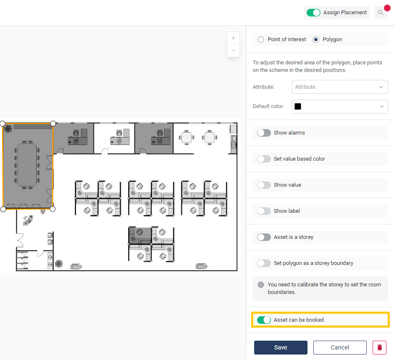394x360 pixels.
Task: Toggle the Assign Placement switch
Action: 313,13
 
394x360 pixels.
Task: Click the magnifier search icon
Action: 381,13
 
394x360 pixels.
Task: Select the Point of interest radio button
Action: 261,40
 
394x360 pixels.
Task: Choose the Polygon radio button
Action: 316,40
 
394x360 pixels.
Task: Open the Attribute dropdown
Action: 340,87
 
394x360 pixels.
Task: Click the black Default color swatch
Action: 298,106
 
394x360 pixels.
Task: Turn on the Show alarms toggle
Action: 264,133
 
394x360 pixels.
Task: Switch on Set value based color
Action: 264,159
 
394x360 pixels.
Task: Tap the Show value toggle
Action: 264,185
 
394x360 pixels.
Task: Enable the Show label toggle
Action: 264,211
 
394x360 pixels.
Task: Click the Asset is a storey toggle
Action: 264,237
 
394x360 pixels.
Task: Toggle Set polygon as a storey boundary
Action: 264,263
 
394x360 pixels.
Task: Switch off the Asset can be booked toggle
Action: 264,320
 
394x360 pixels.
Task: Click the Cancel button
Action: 340,347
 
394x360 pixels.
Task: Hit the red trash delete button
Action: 379,347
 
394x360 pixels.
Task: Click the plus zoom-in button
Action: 233,38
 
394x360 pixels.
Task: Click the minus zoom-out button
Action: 233,51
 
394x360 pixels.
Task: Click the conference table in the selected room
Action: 27,165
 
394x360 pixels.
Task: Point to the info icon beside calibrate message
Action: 261,285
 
